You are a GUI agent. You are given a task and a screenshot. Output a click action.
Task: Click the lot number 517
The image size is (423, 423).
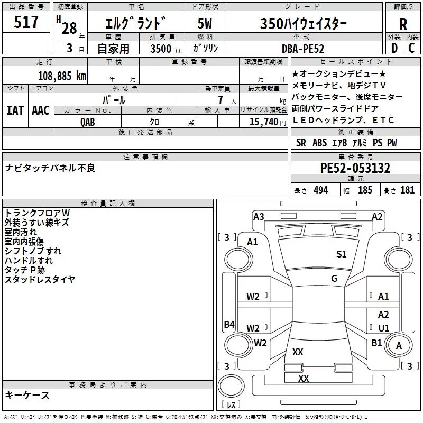coord(26,22)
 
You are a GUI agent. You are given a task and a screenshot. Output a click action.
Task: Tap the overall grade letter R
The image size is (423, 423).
coord(403,24)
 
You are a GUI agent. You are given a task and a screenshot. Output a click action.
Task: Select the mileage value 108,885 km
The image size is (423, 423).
coord(62,76)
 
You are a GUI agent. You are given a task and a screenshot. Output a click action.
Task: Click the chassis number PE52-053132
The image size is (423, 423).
coord(355,168)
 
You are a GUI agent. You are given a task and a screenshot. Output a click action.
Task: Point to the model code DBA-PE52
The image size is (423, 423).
coord(303,49)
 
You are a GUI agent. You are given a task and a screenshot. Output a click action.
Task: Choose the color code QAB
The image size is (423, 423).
coord(88,122)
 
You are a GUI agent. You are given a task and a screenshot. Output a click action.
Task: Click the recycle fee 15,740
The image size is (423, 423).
coord(264,122)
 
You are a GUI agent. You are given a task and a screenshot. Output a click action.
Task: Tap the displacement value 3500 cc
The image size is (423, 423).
coord(166,49)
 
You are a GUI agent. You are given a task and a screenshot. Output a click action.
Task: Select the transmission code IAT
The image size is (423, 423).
coord(15,111)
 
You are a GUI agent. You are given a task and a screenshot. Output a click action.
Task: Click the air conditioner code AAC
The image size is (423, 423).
coord(41,111)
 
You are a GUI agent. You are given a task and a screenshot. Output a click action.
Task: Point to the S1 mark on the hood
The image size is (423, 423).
coord(341,254)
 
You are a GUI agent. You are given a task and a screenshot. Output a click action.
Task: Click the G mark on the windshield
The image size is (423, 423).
coord(334,279)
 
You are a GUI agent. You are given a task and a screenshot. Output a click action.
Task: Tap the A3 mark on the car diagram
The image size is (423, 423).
coord(259,217)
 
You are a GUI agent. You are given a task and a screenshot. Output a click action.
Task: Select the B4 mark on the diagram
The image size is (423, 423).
coord(229,324)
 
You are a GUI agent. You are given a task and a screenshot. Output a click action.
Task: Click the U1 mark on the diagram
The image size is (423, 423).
coord(384,328)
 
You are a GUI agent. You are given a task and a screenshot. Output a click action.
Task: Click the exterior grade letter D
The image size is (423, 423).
coord(394,48)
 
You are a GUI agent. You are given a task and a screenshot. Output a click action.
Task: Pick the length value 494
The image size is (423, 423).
coord(321,190)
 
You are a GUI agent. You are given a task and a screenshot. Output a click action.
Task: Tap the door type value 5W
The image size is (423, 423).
coord(205,23)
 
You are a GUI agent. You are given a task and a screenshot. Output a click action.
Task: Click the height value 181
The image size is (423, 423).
coord(407,190)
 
